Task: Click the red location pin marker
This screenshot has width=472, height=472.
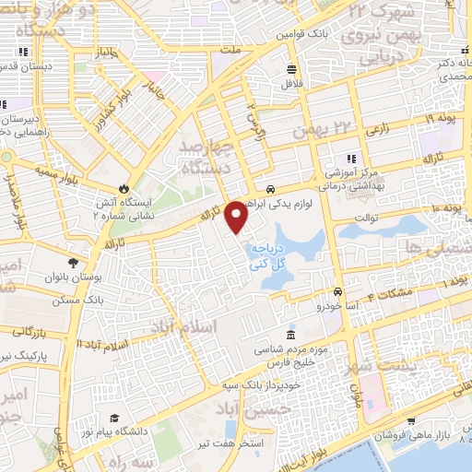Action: click(x=238, y=218)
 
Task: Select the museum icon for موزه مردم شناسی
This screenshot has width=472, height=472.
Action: click(x=291, y=334)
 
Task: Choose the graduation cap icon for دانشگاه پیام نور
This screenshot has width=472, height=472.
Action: click(x=113, y=418)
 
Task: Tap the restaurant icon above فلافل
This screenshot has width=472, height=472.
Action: click(x=291, y=69)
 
